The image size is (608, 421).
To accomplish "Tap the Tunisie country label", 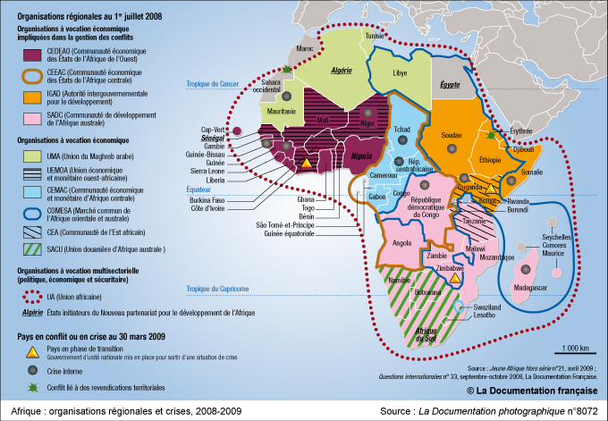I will coord(376,35).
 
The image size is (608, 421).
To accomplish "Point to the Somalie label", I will coord(531,172).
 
